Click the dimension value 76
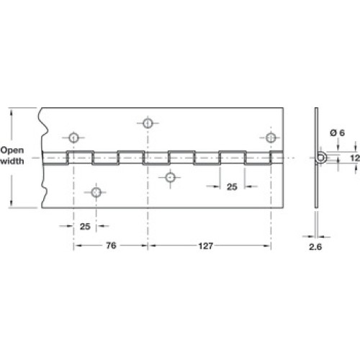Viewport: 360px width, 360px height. [111, 246]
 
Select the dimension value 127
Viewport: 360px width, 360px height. [206, 246]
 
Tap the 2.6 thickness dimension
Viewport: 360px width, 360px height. [315, 247]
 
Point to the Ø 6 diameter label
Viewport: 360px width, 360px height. [338, 132]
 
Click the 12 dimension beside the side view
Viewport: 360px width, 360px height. [355, 158]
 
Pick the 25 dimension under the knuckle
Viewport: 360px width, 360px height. [232, 186]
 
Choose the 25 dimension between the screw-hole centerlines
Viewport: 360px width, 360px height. [85, 226]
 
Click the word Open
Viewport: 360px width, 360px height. [12, 150]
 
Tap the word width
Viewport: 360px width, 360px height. [12, 161]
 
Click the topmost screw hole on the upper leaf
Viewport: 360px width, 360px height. [148, 123]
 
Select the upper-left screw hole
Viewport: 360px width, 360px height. [73, 138]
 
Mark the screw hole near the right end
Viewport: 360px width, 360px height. [271, 138]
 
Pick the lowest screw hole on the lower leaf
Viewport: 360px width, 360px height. [96, 192]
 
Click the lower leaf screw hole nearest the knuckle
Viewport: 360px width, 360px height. [170, 178]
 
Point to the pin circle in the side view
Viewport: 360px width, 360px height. [321, 158]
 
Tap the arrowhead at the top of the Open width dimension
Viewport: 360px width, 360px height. [11, 112]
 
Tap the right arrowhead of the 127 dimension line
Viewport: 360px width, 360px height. [267, 246]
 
